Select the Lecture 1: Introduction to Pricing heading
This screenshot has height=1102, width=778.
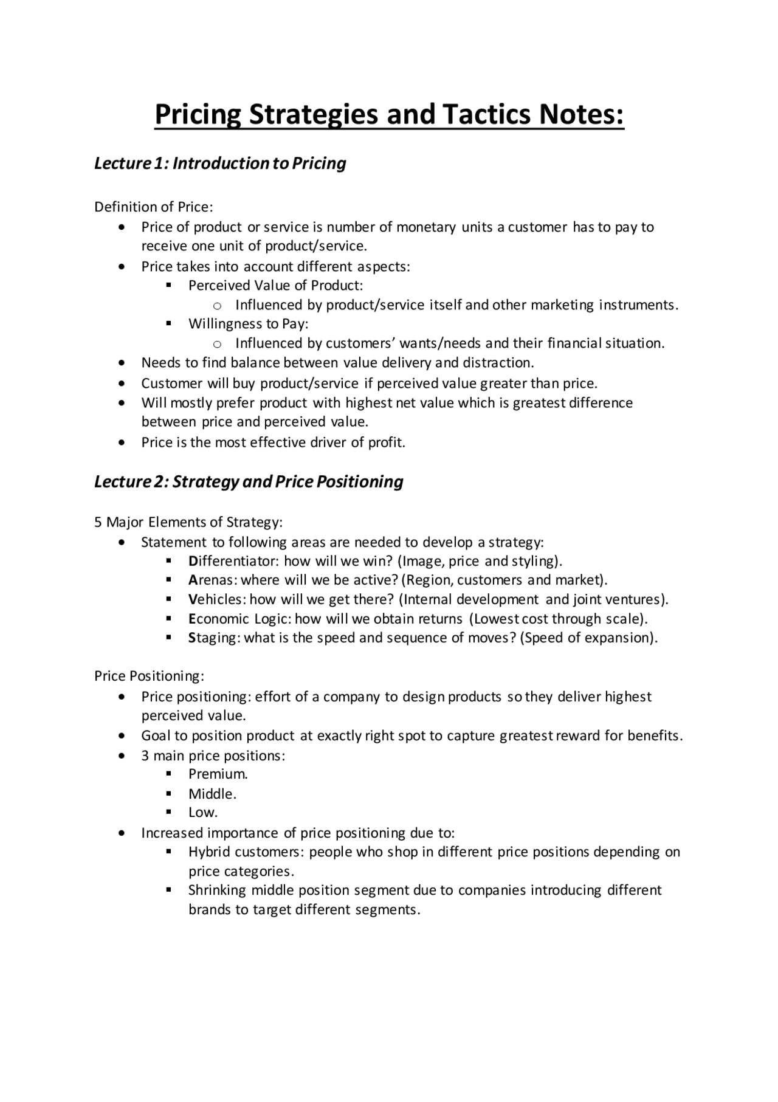(x=220, y=163)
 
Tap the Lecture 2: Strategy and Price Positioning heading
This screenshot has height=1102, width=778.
(x=249, y=481)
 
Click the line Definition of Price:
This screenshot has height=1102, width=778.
(x=154, y=207)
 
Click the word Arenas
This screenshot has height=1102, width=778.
(x=207, y=580)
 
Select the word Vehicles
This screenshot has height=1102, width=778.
(x=215, y=599)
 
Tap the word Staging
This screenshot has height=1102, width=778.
(x=214, y=638)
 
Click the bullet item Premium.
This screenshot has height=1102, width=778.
(x=218, y=774)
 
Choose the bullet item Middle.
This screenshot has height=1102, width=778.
(x=212, y=794)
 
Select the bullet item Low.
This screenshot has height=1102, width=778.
(x=202, y=812)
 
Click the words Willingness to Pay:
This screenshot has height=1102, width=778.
(x=248, y=323)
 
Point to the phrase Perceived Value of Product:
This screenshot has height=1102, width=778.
(x=275, y=285)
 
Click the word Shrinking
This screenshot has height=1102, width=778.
(x=217, y=890)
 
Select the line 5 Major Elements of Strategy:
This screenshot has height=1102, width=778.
(x=188, y=522)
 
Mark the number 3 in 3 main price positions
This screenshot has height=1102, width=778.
(x=145, y=756)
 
